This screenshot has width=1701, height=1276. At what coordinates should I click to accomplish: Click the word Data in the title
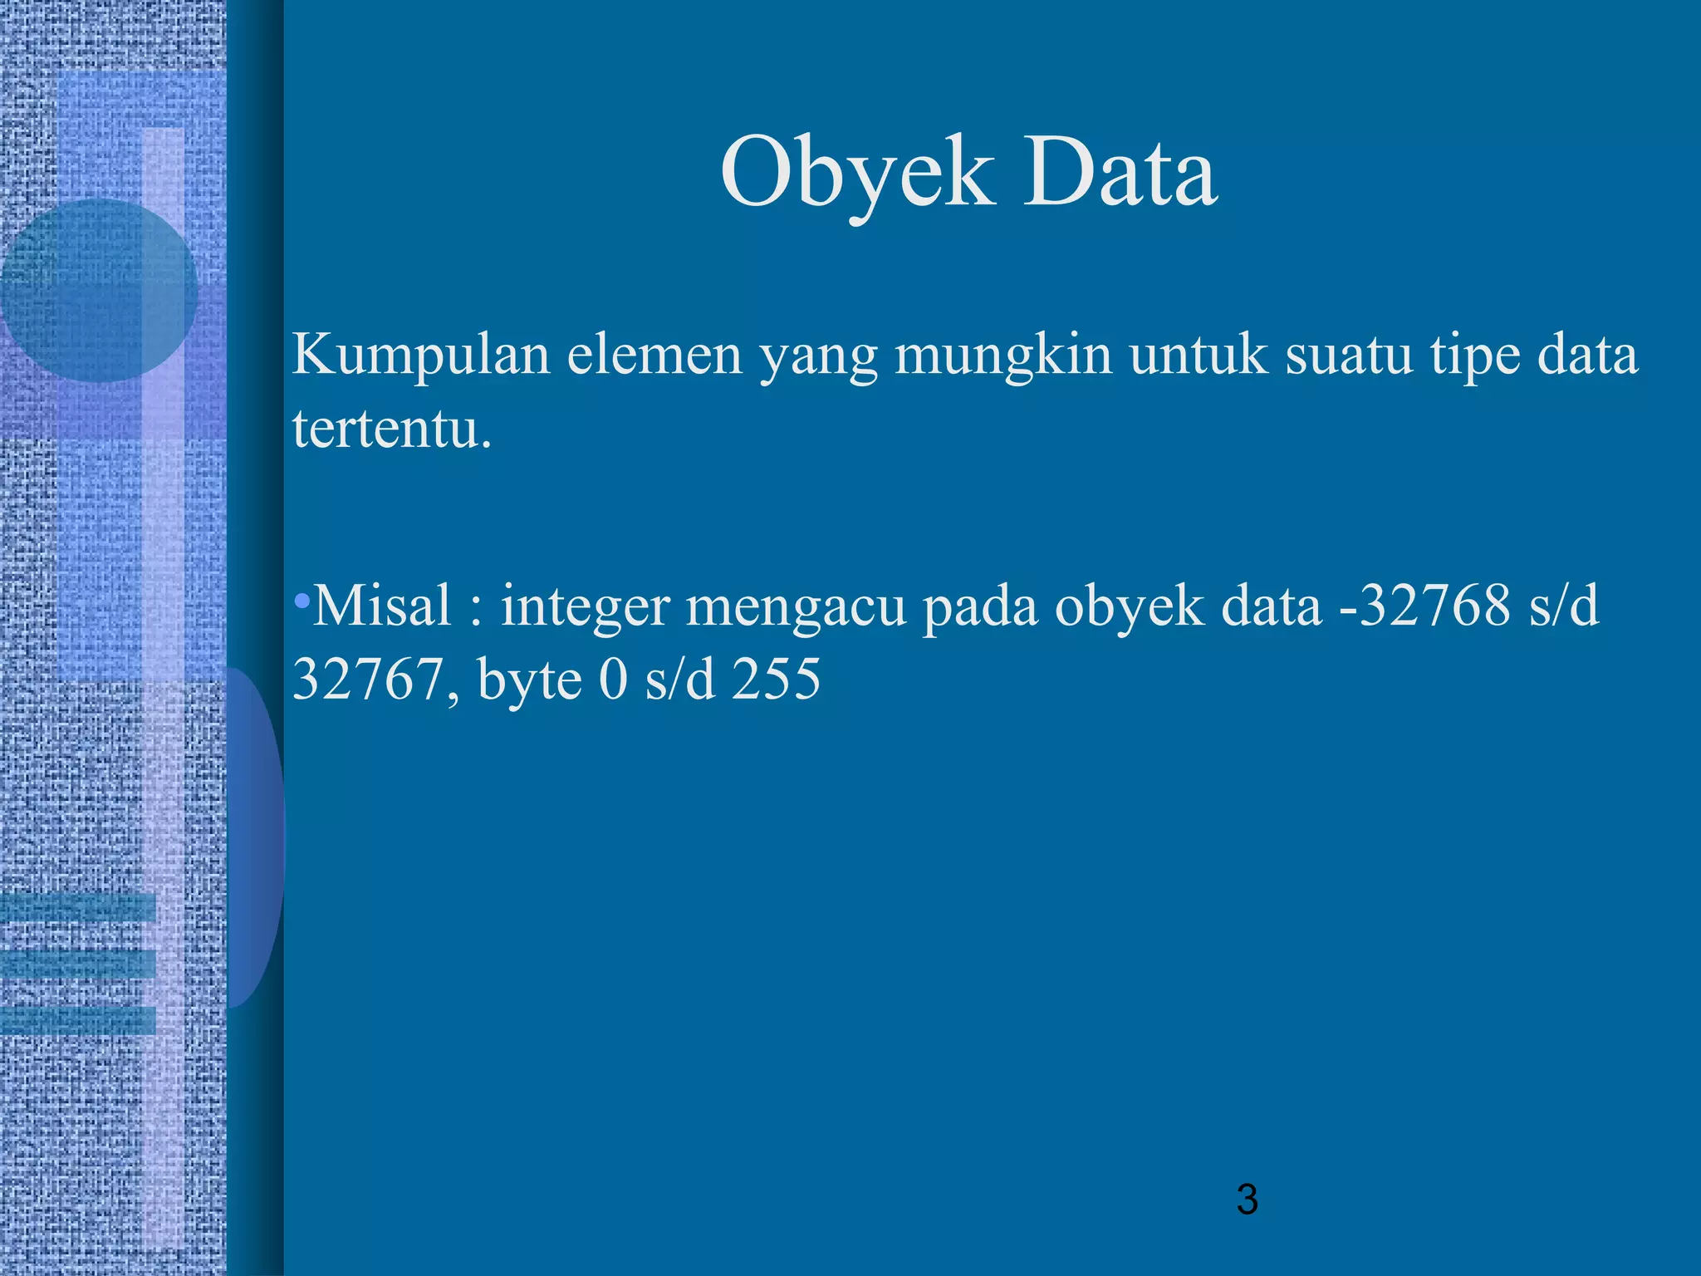1120,174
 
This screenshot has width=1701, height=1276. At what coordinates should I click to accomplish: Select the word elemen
654,356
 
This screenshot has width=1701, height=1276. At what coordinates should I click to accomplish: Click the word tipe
1475,356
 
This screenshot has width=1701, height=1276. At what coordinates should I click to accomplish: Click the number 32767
369,680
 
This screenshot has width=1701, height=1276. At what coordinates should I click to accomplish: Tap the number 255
776,680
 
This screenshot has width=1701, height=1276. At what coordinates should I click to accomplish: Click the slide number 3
1247,1200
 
